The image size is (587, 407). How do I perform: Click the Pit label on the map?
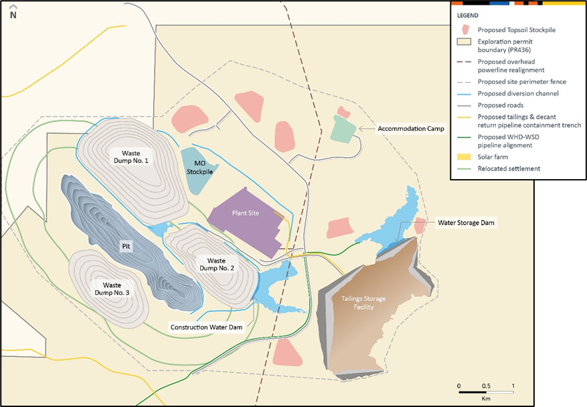(x=124, y=246)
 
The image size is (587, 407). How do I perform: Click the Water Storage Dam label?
(x=467, y=222)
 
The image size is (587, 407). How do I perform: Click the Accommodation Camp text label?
(x=411, y=128)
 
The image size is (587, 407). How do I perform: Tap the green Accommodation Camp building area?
(x=344, y=128)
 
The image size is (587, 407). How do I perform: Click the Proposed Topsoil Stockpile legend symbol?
(x=465, y=30)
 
